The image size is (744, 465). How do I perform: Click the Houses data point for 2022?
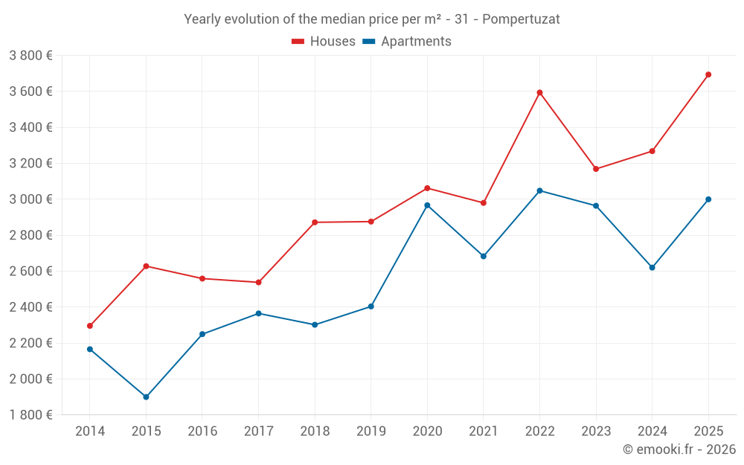pyautogui.click(x=539, y=92)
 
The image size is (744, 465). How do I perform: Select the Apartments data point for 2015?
pyautogui.click(x=146, y=397)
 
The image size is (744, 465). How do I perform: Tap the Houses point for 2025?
pyautogui.click(x=708, y=74)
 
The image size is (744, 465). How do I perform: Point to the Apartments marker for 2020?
pyautogui.click(x=427, y=205)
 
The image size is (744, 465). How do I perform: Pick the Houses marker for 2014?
pyautogui.click(x=90, y=326)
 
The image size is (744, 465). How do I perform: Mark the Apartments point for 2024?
pyautogui.click(x=652, y=267)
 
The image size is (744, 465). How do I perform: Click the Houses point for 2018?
pyautogui.click(x=315, y=222)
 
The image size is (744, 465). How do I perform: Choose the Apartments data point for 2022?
pyautogui.click(x=539, y=190)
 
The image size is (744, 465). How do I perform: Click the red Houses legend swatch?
pyautogui.click(x=298, y=42)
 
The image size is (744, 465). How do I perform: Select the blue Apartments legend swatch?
pyautogui.click(x=369, y=42)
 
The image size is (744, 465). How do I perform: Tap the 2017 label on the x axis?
pyautogui.click(x=258, y=431)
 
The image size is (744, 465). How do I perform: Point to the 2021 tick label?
pyautogui.click(x=484, y=431)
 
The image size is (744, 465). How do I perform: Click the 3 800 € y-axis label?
pyautogui.click(x=31, y=55)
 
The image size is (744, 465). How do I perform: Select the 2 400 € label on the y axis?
pyautogui.click(x=31, y=307)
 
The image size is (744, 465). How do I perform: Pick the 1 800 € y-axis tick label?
pyautogui.click(x=31, y=414)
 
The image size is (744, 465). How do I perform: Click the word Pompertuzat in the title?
pyautogui.click(x=521, y=19)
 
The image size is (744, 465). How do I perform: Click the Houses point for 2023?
pyautogui.click(x=596, y=169)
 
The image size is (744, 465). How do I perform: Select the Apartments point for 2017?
pyautogui.click(x=258, y=313)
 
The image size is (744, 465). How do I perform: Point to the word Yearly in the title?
pyautogui.click(x=202, y=19)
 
